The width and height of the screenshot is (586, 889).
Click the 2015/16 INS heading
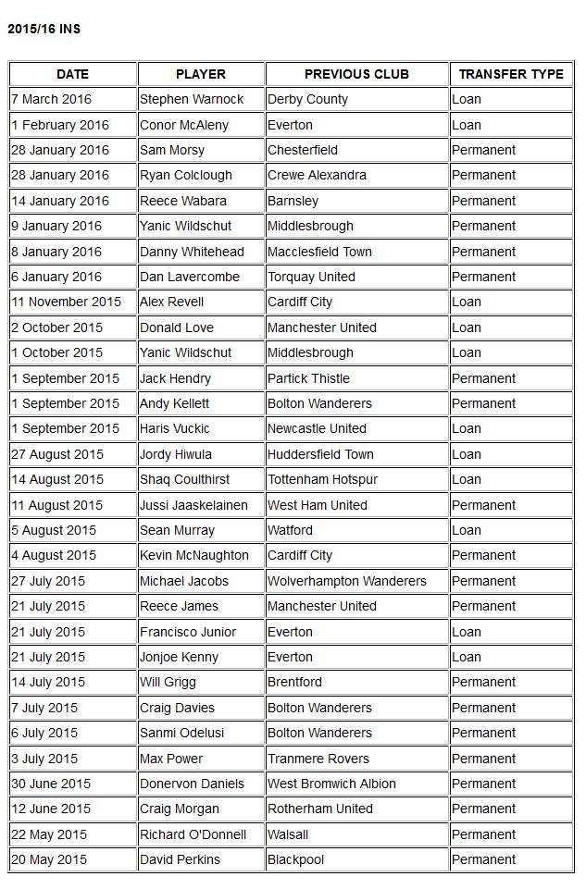[x=44, y=29]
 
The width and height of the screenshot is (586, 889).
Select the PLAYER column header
[x=201, y=74]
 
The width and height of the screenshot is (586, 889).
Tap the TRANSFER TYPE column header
[x=511, y=74]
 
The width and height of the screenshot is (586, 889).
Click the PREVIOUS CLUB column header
[x=356, y=74]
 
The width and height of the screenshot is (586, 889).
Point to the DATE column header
[x=73, y=74]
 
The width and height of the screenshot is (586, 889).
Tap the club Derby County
[x=307, y=99]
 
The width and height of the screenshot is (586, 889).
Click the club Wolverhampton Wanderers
[x=347, y=581]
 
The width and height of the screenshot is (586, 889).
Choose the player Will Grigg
[x=168, y=682]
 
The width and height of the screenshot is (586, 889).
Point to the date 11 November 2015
[x=66, y=302]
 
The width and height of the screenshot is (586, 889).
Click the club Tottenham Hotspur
[x=322, y=479]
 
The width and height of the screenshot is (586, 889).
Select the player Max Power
[x=171, y=759]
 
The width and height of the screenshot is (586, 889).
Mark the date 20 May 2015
[x=48, y=859]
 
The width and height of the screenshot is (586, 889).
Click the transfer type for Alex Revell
[x=467, y=302]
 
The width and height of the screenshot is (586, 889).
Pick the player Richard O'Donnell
[x=193, y=834]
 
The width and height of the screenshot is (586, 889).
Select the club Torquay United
[x=311, y=277]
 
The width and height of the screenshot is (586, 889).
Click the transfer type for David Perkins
[x=483, y=859]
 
